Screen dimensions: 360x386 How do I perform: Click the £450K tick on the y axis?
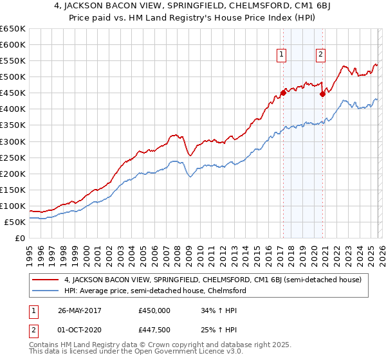coord(12,93)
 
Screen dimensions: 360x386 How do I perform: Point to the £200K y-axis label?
coord(12,174)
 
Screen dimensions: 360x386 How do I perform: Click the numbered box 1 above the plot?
coord(282,55)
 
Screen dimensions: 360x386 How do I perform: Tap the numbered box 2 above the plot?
coord(320,55)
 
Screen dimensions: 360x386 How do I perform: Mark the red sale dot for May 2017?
coord(283,93)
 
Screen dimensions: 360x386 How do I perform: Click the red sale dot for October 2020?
coord(322,94)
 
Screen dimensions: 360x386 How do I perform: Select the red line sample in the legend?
coord(46,280)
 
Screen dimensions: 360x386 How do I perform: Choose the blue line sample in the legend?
coord(46,291)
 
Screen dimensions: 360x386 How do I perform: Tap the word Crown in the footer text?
coord(153,346)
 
